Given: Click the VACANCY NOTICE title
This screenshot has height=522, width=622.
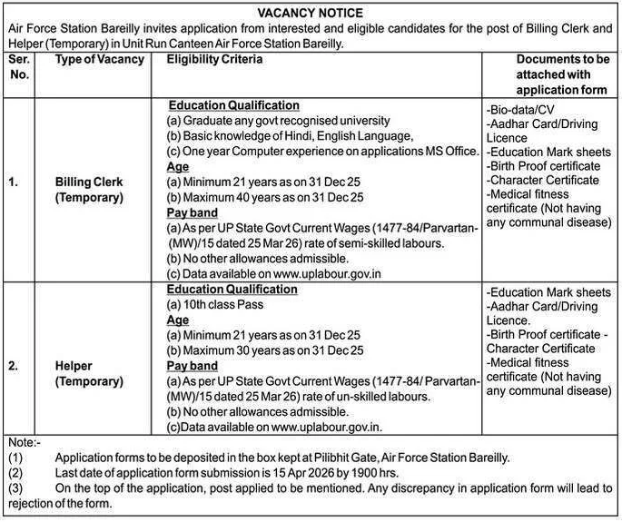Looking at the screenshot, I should click(x=311, y=13).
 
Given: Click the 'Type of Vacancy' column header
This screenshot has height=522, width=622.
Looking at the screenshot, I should click(x=100, y=60).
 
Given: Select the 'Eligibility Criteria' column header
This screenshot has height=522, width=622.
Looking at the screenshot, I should click(x=215, y=60).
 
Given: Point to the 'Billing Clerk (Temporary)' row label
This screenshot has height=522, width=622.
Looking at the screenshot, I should click(x=89, y=189).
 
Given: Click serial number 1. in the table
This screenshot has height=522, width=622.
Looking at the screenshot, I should click(x=14, y=182).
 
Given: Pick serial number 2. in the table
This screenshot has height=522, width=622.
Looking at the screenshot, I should click(x=14, y=366).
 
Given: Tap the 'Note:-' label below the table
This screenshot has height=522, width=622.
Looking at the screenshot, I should click(x=24, y=441).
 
